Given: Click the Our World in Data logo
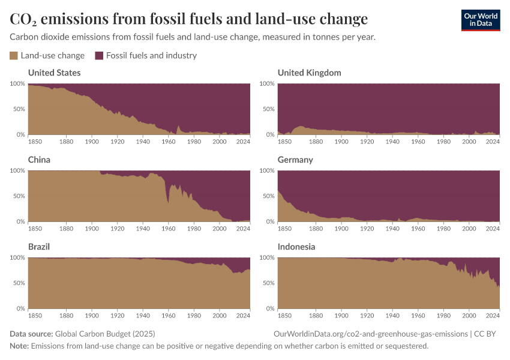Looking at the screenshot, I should coord(480,20).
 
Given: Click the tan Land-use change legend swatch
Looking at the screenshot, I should coord(14,56).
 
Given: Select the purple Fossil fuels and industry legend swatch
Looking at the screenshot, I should coord(99,56).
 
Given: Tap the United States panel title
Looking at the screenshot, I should coord(54,73).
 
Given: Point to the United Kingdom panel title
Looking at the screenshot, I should coord(309,73).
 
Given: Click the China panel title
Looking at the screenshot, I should coord(39,160).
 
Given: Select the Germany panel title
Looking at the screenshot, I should coord(296,160).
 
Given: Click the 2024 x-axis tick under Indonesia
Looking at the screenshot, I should coord(492,316).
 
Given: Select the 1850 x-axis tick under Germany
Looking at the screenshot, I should coord(285,229).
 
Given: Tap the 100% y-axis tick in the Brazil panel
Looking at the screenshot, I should coord(17,257).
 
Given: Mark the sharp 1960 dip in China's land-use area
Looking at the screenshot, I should coord(168,202).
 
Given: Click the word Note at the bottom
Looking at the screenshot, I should coord(19,346).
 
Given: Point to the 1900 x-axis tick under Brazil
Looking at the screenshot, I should coord(92,316).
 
